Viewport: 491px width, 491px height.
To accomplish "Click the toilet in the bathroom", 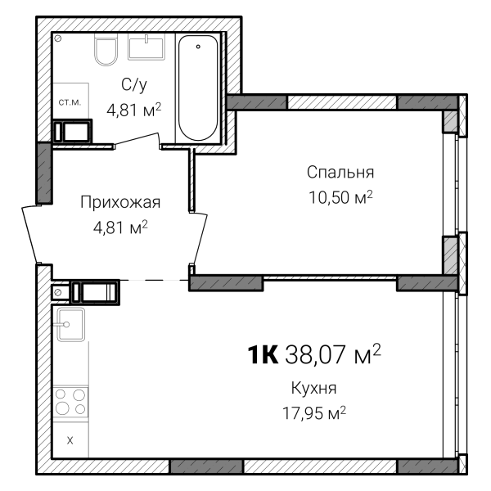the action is coord(106,49).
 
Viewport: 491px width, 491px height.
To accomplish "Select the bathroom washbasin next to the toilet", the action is coord(146,47).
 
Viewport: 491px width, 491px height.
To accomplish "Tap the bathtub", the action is coord(198,88).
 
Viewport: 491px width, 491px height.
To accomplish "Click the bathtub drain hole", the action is coord(198,47).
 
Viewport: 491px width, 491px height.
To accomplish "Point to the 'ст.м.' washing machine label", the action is coord(70,102).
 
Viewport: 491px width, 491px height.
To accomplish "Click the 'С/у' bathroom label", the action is coord(134,84).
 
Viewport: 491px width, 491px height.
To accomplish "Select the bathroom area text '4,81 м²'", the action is coord(133,110).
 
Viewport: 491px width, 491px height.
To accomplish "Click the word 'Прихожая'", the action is coord(120,202).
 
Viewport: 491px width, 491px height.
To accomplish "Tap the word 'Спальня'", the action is coord(340,172).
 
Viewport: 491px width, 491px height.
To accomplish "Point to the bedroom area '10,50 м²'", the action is coord(340,197).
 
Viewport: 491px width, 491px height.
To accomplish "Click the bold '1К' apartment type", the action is coord(263,355).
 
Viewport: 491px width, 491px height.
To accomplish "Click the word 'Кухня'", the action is coord(313,388).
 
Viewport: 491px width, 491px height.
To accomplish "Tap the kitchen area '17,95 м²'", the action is coord(314,413).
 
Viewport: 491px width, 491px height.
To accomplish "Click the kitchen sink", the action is coord(70,324).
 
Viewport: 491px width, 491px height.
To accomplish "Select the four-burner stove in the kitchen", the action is coord(70,402).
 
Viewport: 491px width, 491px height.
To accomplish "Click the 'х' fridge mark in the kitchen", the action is coord(70,440).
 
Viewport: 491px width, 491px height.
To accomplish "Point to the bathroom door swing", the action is coord(137,139).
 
